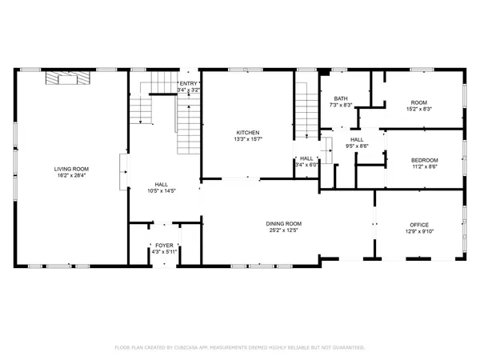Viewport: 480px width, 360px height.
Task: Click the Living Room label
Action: point(71,169)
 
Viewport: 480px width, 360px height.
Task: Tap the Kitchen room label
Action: point(247,133)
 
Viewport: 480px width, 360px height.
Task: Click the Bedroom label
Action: point(424,161)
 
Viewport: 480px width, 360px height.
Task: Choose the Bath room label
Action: point(341,98)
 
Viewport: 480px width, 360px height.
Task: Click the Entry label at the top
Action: point(188,83)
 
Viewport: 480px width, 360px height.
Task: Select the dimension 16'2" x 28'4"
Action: point(71,176)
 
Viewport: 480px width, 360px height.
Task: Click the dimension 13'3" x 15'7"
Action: point(247,140)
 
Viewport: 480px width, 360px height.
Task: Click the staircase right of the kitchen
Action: point(306,104)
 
